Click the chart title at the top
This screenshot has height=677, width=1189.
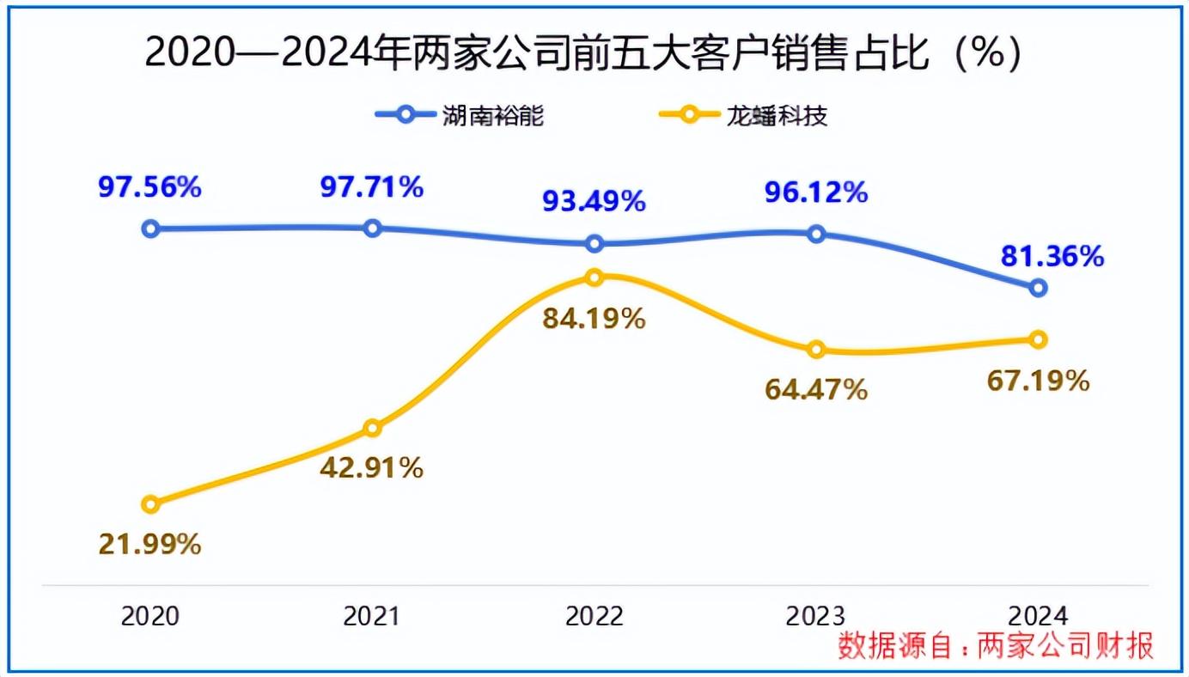tap(583, 53)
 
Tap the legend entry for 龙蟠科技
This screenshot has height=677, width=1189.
tap(742, 115)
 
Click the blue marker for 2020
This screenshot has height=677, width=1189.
tap(150, 229)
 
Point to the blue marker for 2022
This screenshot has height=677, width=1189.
tap(594, 244)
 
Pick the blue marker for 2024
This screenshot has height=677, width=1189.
tap(1038, 288)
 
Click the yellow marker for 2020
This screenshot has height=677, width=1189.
tap(150, 504)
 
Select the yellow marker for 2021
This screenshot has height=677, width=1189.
tap(372, 428)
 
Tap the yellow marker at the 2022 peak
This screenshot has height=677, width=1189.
tap(594, 278)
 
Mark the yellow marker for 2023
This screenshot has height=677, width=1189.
tap(816, 350)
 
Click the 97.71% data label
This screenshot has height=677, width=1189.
tap(372, 186)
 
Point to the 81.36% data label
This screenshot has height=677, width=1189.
tap(1052, 256)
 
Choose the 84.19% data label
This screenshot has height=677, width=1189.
tap(594, 320)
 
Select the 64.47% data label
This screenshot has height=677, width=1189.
tap(816, 391)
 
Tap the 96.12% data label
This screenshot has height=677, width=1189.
tap(816, 192)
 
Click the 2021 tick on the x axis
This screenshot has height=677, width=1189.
tap(372, 617)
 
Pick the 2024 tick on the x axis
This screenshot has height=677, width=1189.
tap(1038, 617)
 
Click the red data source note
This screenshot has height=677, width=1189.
tap(997, 646)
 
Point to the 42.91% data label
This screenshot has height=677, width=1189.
tap(372, 469)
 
